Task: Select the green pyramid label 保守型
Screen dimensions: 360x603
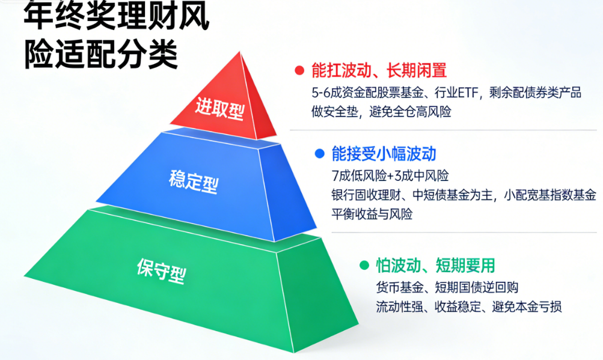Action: click(x=161, y=270)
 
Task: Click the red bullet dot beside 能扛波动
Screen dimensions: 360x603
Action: click(x=299, y=70)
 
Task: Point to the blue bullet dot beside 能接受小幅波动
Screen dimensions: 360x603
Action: click(x=319, y=154)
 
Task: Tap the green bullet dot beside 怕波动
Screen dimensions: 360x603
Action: click(x=364, y=265)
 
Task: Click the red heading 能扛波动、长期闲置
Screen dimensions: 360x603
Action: click(x=379, y=70)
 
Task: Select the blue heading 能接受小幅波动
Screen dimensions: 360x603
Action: click(x=384, y=154)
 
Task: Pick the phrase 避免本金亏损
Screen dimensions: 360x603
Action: click(x=527, y=307)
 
